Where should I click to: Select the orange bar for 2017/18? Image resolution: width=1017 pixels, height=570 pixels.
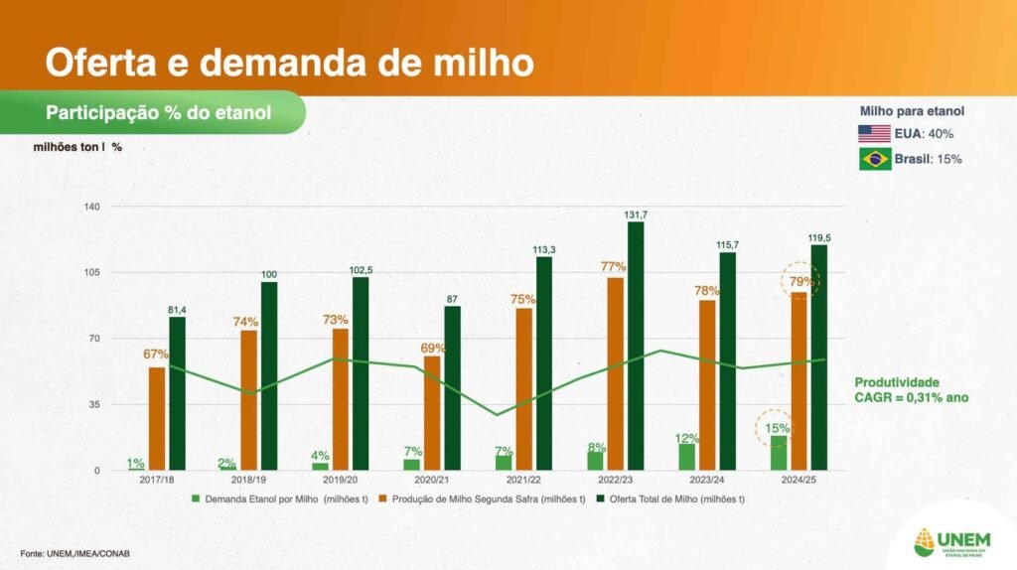[x=157, y=418]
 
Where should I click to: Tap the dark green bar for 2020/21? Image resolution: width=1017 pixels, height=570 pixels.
[x=452, y=387]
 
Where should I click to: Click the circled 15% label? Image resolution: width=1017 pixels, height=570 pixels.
[x=774, y=429]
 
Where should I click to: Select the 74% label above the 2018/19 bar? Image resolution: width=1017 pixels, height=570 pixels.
[x=246, y=322]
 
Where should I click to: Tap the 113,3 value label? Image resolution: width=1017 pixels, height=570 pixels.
[x=544, y=249]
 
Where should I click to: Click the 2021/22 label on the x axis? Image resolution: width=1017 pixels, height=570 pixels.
[x=522, y=480]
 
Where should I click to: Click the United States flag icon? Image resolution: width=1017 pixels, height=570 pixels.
[x=874, y=134]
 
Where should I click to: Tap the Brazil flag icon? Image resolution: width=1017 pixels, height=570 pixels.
[x=874, y=159]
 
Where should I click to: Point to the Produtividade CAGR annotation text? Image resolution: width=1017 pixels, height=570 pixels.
[x=912, y=389]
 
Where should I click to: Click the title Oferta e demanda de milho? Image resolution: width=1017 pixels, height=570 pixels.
[x=289, y=62]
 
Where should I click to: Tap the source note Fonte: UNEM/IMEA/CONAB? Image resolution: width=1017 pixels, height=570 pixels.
[x=75, y=553]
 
